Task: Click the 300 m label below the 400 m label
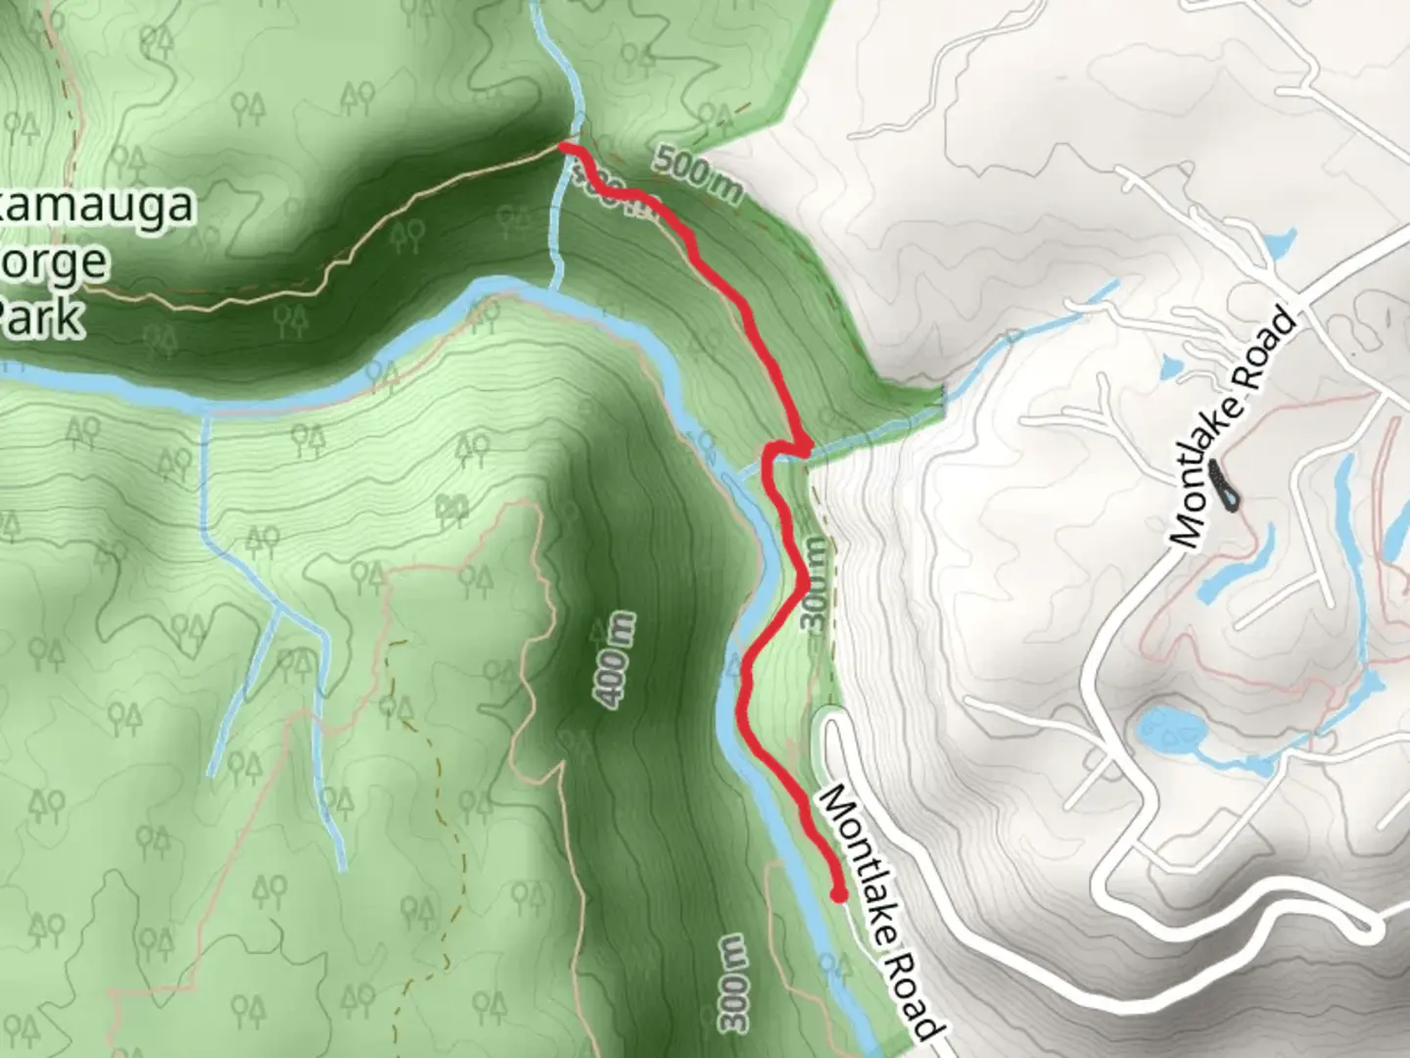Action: click(736, 984)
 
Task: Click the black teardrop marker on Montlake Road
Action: click(1223, 486)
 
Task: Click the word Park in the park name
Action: click(41, 318)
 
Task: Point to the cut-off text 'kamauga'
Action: click(98, 208)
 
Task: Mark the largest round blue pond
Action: click(1171, 730)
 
